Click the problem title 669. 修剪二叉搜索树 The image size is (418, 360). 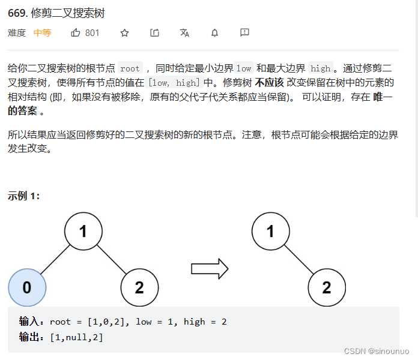coord(56,13)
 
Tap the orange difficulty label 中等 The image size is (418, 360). coord(42,33)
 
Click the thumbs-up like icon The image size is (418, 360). coord(76,33)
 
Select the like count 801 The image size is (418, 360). coord(92,33)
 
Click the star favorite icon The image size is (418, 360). coord(124,33)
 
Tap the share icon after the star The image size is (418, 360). coord(154,33)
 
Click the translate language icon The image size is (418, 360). coord(184,33)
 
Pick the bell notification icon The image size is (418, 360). coord(214,33)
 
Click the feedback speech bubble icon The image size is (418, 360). coord(244,33)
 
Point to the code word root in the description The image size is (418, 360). coord(130,68)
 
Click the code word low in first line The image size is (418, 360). coord(244,68)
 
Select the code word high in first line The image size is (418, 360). coord(320,68)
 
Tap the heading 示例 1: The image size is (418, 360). coord(23,196)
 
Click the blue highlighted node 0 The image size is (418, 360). coord(27,287)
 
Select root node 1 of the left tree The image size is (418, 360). coord(83,231)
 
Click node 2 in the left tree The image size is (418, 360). coord(139,287)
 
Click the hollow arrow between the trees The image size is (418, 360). coord(210,268)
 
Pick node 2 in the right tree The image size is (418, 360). coord(327,287)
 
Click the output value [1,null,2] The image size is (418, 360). coord(76,338)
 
